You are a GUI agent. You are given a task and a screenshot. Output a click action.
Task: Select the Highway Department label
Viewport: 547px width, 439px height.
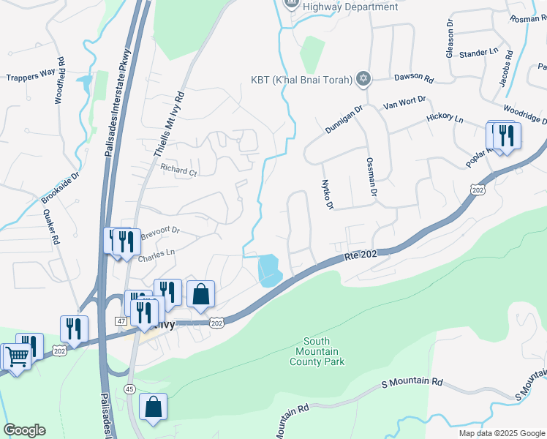345,7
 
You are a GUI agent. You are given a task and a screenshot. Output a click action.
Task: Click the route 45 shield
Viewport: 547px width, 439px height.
129,388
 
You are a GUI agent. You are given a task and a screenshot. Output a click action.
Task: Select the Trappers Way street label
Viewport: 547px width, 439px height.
31,75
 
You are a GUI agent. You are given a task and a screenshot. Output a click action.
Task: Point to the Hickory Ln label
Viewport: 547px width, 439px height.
445,118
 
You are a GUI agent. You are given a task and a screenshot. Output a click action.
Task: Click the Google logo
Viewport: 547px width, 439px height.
24,430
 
